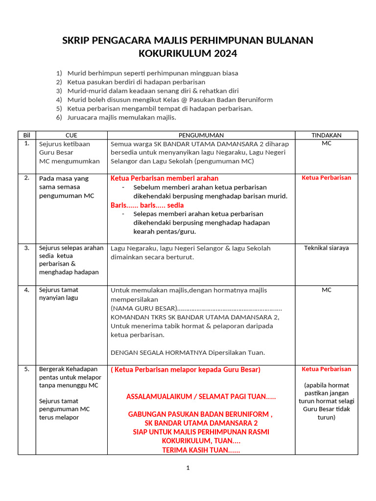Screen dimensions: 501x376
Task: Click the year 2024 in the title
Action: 223,53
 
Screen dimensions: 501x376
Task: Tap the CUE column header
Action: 71,135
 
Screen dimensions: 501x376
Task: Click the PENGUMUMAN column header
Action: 201,135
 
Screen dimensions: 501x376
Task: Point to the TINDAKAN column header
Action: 326,135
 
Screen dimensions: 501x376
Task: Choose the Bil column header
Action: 26,135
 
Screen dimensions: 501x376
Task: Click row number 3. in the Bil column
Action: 27,248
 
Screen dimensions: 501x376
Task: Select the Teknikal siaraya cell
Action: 326,248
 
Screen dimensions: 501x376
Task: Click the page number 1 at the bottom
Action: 188,468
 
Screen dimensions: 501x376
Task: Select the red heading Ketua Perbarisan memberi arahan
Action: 164,178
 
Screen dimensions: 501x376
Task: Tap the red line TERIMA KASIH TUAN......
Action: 201,450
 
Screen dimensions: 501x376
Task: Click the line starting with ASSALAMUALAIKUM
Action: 201,396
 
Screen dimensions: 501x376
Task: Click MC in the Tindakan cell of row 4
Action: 326,290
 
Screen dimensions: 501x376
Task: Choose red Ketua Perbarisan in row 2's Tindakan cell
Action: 326,178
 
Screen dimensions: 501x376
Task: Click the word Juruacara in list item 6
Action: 82,117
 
